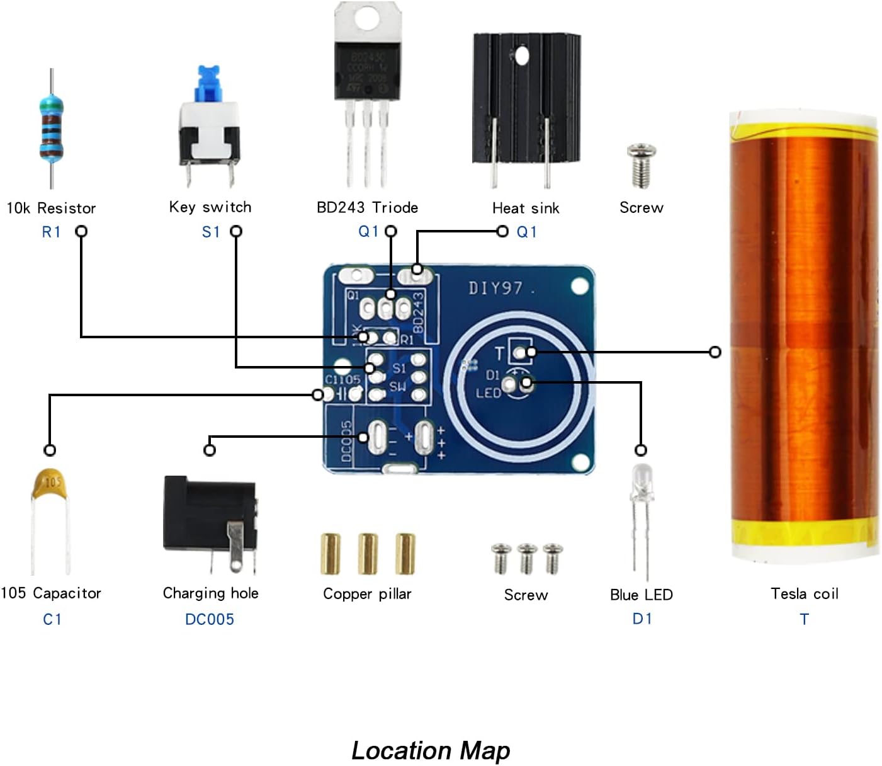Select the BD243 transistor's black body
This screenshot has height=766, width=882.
367,70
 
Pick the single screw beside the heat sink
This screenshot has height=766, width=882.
641,165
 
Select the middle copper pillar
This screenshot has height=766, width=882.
368,553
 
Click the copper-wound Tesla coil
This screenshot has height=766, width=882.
803,334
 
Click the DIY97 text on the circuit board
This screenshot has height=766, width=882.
496,289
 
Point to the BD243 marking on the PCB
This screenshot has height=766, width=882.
417,312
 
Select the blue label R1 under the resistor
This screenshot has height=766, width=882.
51,232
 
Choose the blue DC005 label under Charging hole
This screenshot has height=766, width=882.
209,619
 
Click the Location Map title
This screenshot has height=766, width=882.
431,750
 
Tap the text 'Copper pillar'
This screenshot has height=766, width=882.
367,593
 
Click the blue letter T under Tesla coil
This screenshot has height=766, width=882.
804,619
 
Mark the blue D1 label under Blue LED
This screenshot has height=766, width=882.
642,619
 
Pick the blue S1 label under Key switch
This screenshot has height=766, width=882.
211,232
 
